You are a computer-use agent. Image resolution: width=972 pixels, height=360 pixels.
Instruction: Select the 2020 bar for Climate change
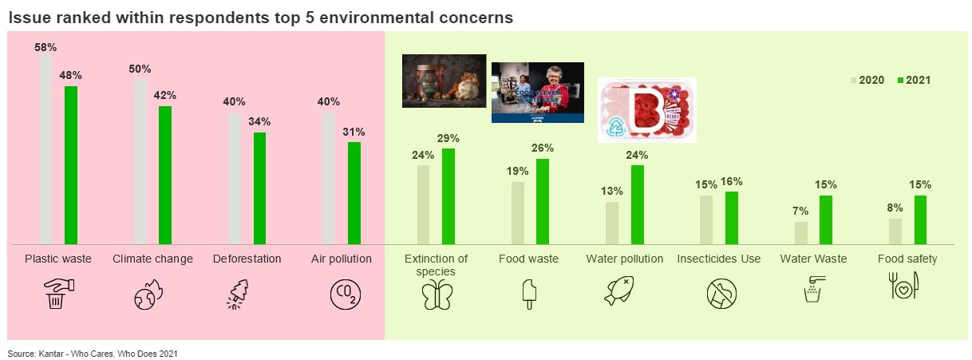coord(140,161)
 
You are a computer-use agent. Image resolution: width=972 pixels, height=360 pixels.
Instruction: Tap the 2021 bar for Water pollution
coord(638,204)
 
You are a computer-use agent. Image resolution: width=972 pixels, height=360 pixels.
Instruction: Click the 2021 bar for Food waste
coord(543,201)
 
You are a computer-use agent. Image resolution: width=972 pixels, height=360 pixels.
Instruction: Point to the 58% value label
coord(45,47)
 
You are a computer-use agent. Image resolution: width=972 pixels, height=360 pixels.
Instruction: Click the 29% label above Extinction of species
coord(448,138)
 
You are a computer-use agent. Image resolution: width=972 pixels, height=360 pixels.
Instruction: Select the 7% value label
coord(801,211)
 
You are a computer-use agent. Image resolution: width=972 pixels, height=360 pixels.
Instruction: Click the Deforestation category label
coord(247,259)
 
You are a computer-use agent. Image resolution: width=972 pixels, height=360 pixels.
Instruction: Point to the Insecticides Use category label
coord(718,259)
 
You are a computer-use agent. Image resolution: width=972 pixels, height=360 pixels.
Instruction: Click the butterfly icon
coord(437,295)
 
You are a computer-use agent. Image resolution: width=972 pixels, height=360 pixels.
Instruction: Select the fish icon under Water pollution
coord(624,294)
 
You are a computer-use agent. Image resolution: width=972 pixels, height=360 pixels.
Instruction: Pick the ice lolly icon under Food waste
coord(528,295)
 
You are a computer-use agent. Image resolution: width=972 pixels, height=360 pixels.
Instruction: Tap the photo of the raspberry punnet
coord(646,110)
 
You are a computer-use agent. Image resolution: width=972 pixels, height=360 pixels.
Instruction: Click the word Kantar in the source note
coord(50,353)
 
